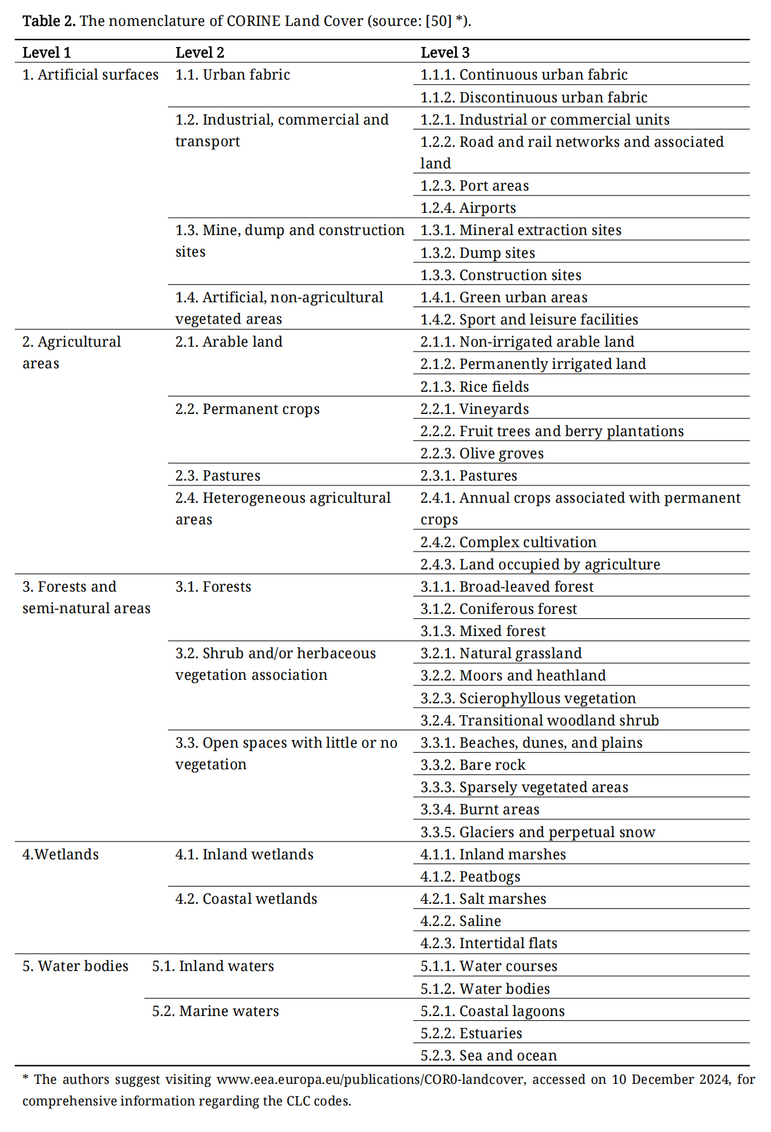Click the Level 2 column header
point(199,52)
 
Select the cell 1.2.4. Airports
point(468,208)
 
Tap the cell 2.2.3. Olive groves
point(481,453)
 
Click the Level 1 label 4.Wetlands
point(60,854)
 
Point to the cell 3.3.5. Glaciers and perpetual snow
point(537,832)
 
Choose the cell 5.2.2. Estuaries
point(471,1033)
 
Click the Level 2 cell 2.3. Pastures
point(217,476)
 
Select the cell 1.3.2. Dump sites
point(477,253)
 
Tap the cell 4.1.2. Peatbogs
point(470,877)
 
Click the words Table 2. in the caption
point(49,21)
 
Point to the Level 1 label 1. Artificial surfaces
point(90,75)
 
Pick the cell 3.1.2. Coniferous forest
point(498,609)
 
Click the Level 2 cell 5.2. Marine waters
point(215,1011)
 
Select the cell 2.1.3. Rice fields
point(474,387)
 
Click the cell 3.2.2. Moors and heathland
point(512,675)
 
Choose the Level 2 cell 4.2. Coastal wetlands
point(246,899)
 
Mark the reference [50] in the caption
point(439,21)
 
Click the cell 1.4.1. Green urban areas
point(503,297)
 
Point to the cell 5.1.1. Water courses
point(488,966)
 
